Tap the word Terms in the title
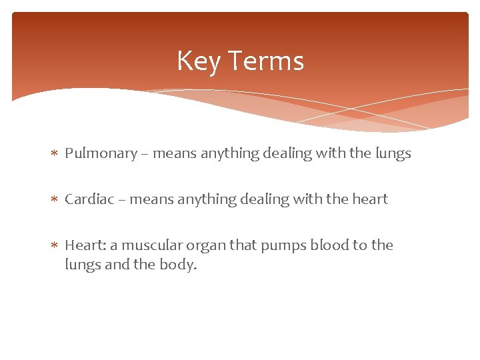pyautogui.click(x=266, y=61)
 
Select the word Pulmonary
pyautogui.click(x=101, y=153)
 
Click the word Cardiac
pyautogui.click(x=89, y=199)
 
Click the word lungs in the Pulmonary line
pyautogui.click(x=393, y=154)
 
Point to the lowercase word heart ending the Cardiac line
pyautogui.click(x=370, y=199)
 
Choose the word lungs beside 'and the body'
pyautogui.click(x=81, y=265)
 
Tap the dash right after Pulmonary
pyautogui.click(x=145, y=154)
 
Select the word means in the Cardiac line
pyautogui.click(x=150, y=200)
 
